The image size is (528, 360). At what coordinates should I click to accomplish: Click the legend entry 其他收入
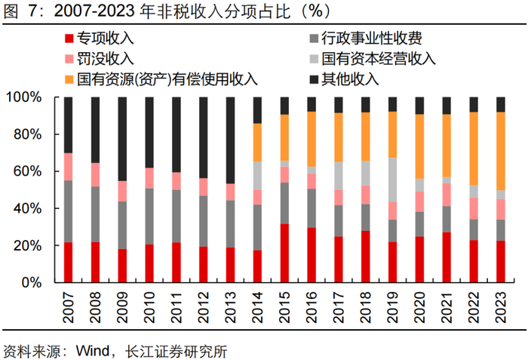349,78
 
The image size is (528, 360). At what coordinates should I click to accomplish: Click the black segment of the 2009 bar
122,139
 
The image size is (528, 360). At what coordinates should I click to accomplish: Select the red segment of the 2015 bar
284,253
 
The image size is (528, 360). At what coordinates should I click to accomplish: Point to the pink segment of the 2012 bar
203,187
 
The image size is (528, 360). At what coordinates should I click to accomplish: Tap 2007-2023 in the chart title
88,11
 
